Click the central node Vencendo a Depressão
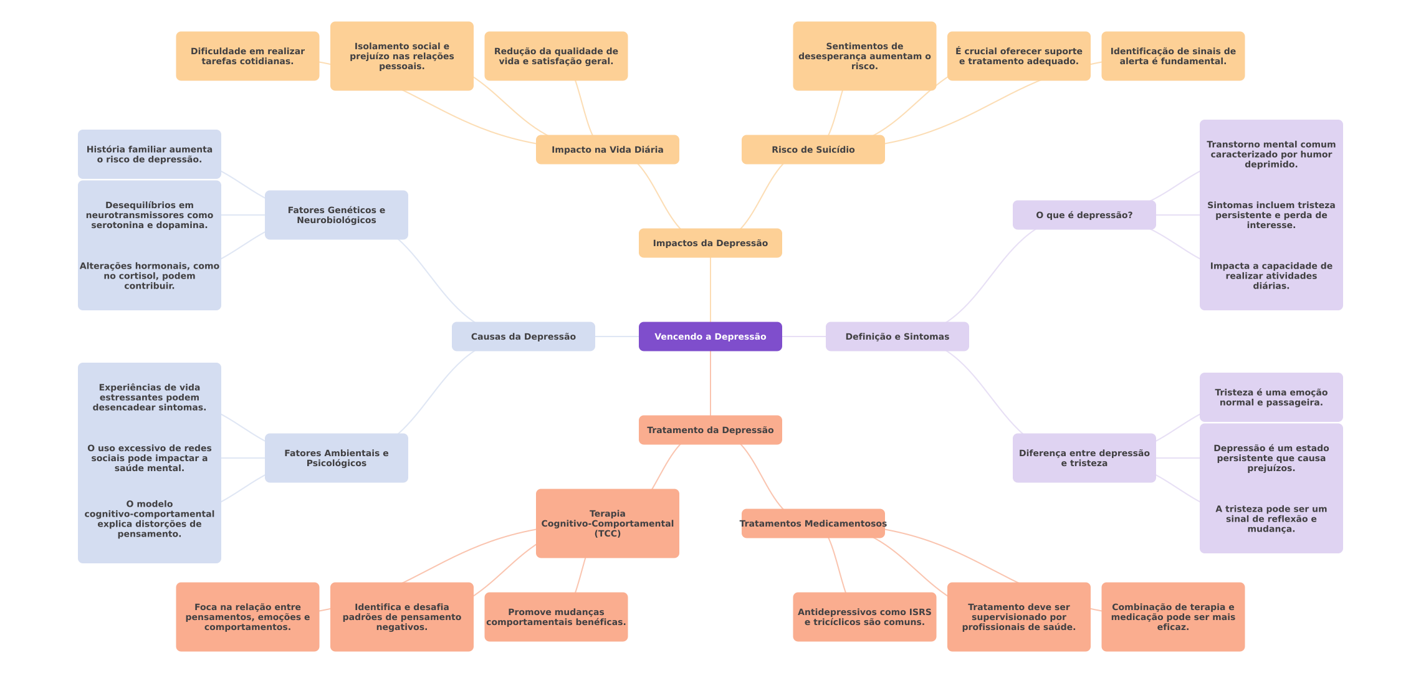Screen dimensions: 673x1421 710,336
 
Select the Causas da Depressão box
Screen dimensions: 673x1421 523,336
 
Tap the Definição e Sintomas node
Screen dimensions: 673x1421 897,336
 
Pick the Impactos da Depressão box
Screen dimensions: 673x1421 710,243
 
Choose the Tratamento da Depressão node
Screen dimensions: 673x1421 710,430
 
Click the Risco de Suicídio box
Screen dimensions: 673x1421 813,150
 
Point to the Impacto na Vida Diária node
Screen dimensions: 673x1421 607,150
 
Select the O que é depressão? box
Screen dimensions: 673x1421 1084,215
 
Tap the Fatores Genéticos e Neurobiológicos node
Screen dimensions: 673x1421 336,215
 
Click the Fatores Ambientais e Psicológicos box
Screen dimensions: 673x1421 336,458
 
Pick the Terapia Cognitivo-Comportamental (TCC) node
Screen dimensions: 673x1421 607,523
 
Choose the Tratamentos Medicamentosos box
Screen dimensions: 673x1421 813,523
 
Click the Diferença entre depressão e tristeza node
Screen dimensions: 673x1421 1084,458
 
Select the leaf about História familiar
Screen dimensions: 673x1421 149,155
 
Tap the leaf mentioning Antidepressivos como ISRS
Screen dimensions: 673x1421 864,617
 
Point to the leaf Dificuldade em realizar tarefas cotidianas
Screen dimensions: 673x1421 247,56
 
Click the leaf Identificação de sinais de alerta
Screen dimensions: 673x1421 1172,56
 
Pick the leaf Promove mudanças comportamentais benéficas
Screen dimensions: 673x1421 556,617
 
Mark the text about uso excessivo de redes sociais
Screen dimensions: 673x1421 149,458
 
